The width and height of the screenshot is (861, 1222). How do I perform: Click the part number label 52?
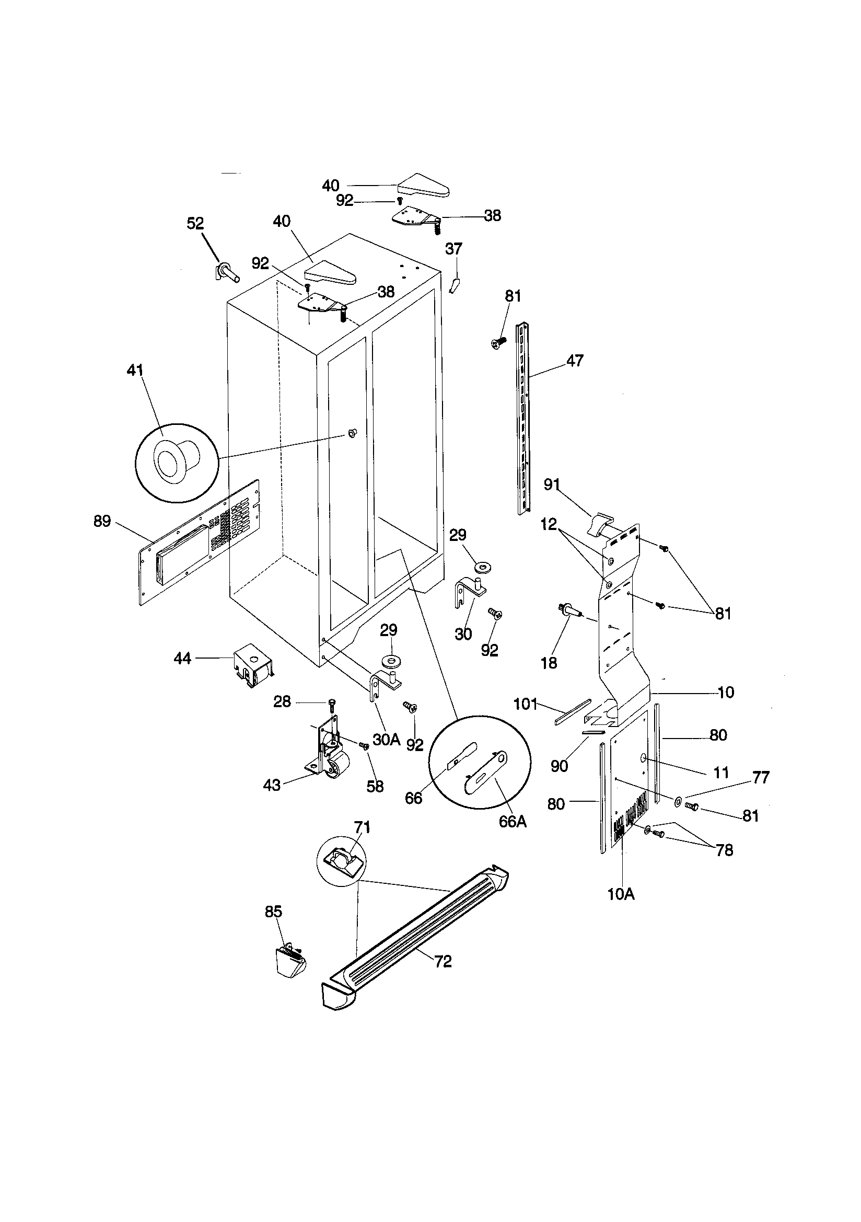(195, 223)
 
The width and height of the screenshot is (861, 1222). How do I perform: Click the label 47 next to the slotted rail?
(575, 360)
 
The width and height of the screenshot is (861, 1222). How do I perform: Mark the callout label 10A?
(621, 894)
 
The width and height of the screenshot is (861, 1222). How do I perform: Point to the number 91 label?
(552, 485)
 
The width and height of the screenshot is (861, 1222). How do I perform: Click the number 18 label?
(549, 663)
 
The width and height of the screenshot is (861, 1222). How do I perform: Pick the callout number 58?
(375, 786)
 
